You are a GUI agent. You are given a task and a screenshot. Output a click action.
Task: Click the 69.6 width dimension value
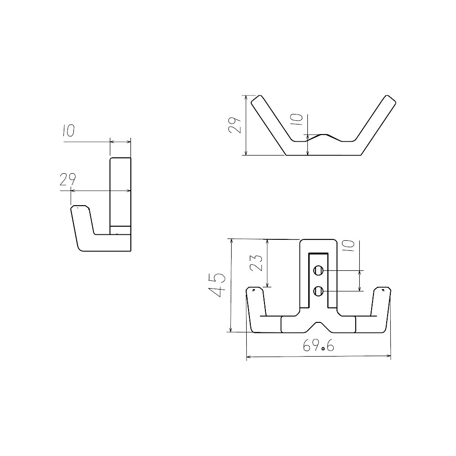[x=318, y=346]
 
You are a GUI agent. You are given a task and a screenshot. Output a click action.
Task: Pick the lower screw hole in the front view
[x=319, y=290]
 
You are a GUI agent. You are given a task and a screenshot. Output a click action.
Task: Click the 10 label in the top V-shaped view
[x=297, y=119]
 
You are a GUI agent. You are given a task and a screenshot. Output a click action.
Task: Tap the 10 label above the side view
[x=68, y=131]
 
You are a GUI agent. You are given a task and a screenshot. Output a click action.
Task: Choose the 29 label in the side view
[x=67, y=180]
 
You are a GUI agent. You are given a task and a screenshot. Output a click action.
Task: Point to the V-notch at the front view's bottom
[x=318, y=324]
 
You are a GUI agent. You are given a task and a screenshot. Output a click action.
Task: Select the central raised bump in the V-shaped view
[x=324, y=135]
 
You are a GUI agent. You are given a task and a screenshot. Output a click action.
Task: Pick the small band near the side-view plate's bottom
[x=120, y=230]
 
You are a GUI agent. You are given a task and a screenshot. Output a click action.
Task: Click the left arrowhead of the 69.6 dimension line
[x=248, y=356]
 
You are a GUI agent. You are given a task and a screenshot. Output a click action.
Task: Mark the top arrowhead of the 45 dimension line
[x=232, y=240]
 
